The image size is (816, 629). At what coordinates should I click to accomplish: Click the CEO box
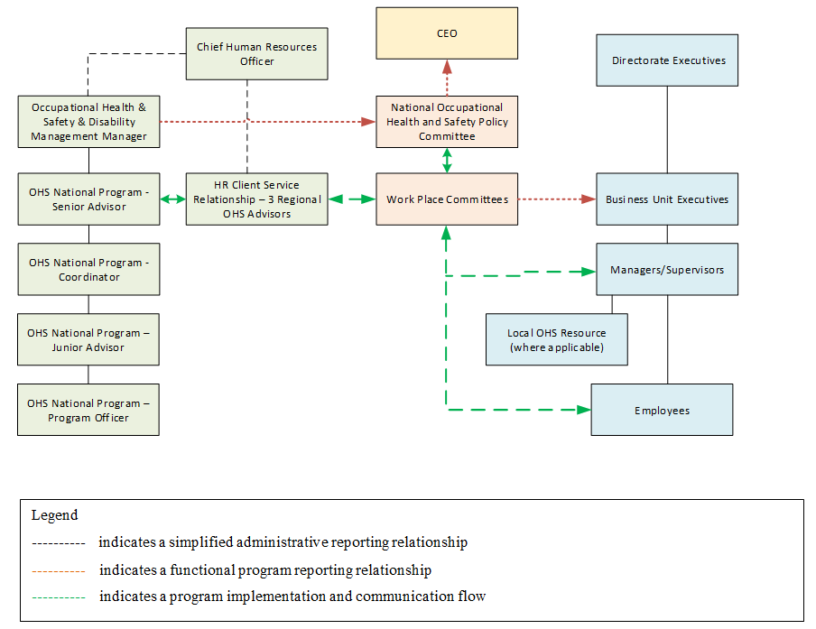coord(447,33)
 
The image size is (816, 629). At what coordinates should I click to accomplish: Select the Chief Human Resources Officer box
coord(256,53)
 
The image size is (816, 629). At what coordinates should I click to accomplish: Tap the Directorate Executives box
coord(667,60)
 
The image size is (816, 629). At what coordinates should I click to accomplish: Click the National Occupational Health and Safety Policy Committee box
coord(447,122)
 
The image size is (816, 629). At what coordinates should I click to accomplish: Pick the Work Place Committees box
coord(447,199)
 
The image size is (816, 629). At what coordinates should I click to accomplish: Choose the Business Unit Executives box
coord(667,199)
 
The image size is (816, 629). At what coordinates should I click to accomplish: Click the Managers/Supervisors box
coord(667,270)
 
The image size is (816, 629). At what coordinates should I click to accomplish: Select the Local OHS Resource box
coord(556,340)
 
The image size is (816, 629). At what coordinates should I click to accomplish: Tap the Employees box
coord(662,411)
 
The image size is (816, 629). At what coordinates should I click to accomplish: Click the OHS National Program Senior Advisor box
coord(88,199)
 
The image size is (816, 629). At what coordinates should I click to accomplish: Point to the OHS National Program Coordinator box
coord(88,270)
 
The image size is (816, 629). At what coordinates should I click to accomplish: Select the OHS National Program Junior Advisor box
coord(88,340)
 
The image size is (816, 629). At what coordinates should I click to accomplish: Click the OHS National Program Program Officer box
coord(88,411)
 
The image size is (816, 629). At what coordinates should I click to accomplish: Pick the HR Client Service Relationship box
coord(256,199)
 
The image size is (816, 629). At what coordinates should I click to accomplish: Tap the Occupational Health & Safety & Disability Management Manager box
coord(88,122)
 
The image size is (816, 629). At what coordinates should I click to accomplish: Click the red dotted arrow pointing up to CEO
coord(447,78)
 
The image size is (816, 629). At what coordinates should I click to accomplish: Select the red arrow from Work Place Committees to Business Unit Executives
coord(556,199)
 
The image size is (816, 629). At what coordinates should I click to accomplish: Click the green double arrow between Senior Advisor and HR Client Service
coord(172,199)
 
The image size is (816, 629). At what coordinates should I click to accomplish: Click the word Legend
coord(55,516)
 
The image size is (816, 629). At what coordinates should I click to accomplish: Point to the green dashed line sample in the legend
coord(58,597)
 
